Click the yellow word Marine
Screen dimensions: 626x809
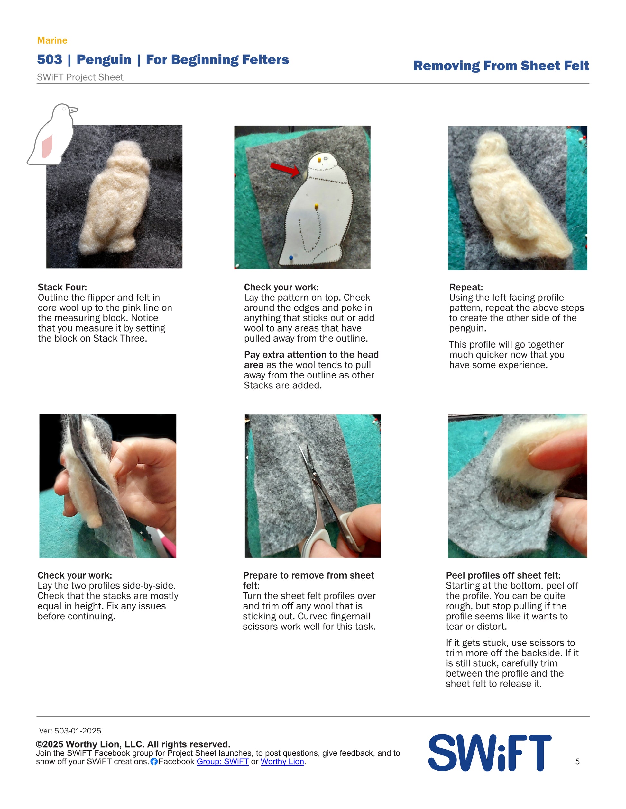[52, 40]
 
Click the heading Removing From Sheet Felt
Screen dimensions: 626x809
[501, 66]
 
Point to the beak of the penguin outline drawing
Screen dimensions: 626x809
[73, 110]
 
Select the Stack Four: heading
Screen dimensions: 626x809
[62, 287]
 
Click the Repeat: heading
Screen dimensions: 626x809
[466, 287]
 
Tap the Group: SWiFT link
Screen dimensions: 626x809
[223, 761]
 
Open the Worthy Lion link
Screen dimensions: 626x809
[282, 761]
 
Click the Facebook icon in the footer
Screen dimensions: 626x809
[154, 761]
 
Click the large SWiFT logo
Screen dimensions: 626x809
[490, 753]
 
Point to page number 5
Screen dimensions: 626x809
[577, 761]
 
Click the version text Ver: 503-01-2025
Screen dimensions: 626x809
[70, 731]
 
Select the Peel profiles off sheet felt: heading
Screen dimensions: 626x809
[503, 575]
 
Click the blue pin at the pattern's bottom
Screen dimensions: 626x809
[291, 257]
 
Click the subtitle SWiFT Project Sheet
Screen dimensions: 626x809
[80, 77]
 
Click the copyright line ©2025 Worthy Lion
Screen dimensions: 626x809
[133, 744]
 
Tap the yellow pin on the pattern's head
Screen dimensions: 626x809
[319, 160]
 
